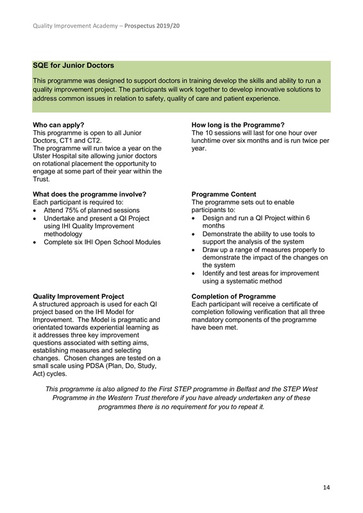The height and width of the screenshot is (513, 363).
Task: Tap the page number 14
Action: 326,488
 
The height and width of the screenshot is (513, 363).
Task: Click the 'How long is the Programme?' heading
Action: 238,125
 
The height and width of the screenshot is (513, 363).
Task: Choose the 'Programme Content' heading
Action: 224,194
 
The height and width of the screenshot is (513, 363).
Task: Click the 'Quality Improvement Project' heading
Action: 79,296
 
